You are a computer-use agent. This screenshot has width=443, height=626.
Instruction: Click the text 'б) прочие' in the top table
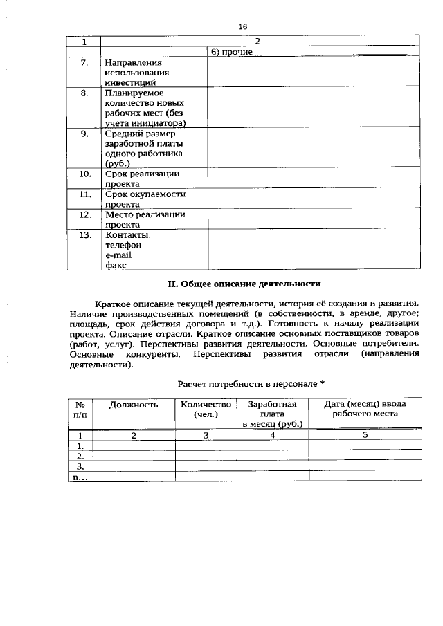230,52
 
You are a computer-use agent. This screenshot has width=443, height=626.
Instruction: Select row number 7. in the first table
84,62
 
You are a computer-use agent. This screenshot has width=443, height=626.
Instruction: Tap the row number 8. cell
84,93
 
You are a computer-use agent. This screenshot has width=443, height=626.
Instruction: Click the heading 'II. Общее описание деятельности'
245,283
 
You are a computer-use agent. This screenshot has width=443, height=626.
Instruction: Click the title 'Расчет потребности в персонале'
251,383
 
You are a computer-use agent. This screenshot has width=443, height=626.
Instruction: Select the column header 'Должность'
134,404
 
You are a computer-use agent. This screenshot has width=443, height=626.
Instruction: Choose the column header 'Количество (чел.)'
206,409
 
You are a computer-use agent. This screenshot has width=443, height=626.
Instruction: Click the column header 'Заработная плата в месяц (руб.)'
273,414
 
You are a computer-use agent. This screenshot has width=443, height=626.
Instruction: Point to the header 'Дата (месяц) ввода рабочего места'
365,409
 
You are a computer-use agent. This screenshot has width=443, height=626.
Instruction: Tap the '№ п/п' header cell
80,409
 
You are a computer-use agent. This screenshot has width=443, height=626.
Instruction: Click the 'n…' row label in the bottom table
80,477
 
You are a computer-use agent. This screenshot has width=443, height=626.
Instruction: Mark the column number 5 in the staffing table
365,436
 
